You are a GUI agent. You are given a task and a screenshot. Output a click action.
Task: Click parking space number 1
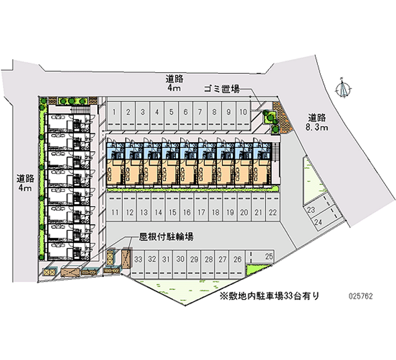pos(114,112)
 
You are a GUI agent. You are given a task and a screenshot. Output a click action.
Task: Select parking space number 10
pos(243,112)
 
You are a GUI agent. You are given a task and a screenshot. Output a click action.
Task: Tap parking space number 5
pos(171,112)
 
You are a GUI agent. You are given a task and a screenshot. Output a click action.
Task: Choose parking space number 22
pos(272,213)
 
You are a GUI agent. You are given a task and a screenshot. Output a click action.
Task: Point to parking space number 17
pos(201,213)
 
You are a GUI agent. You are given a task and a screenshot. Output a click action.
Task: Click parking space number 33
pos(138,259)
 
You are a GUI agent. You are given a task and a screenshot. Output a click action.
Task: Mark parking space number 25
pos(269,257)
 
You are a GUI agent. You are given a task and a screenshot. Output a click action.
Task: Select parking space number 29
pos(195,259)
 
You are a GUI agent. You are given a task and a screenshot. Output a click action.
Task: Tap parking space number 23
pos(312,210)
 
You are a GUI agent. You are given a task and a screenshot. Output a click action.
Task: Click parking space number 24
pos(319,222)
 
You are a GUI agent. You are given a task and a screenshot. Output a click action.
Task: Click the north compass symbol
pos(343,89)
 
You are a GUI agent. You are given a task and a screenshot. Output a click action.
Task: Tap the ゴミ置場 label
pos(221,89)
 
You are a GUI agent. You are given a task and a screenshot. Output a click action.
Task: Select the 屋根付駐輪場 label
pos(162,238)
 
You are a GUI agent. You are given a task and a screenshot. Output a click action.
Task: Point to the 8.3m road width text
pos(317,128)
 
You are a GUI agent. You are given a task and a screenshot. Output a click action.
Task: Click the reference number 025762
pos(361,297)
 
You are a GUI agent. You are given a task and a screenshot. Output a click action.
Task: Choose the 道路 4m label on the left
pos(24,183)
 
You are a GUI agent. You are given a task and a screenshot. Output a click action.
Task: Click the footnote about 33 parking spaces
pos(270,296)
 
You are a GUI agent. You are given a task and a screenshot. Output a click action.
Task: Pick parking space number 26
pos(237,259)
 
